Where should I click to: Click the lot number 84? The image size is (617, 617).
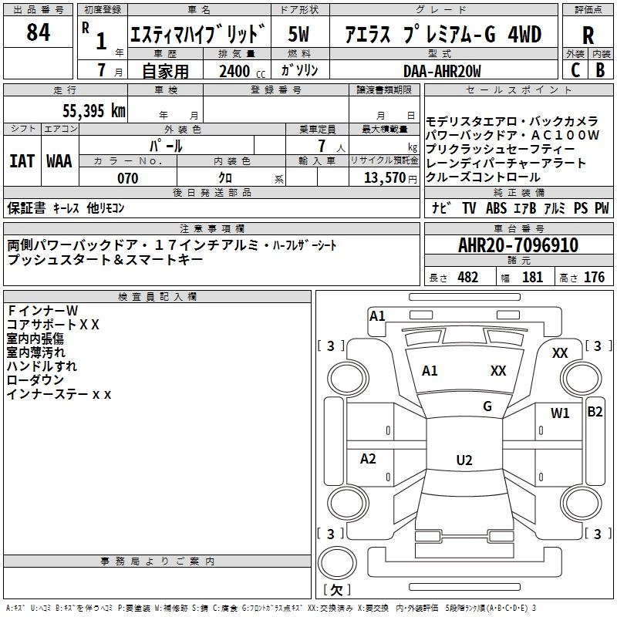point(39,33)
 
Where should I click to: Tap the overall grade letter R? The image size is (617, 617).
point(588,35)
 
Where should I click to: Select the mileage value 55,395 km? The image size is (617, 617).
point(93,110)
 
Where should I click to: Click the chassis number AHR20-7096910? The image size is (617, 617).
point(518,245)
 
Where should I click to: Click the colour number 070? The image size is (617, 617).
point(127,178)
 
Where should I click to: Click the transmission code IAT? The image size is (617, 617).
point(22,161)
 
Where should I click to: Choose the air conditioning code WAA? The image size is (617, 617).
point(59,161)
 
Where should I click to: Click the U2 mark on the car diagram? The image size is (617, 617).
point(464,460)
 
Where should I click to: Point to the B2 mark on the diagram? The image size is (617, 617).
point(595,411)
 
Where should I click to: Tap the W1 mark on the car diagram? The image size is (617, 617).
point(560,413)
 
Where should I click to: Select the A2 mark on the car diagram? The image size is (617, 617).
point(369,459)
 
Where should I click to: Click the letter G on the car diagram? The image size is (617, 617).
point(487,406)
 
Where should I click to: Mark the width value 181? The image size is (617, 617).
point(533,277)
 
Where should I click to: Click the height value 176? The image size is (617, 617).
point(594,277)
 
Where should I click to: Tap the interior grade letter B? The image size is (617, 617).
point(600,69)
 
